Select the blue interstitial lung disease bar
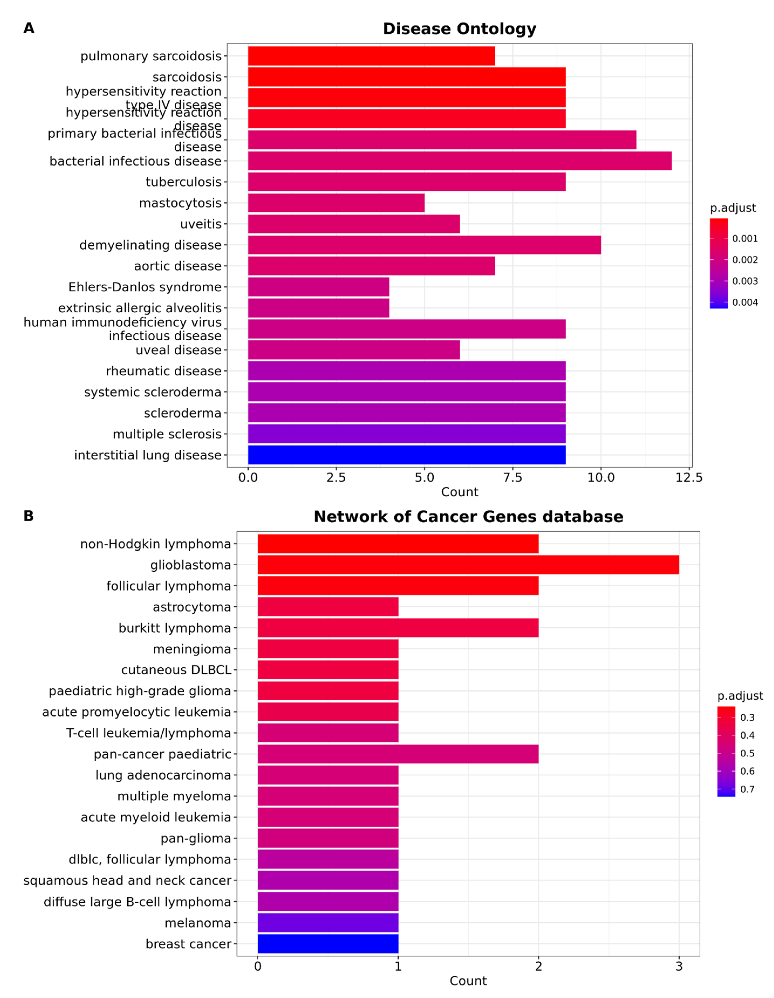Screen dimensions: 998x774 pos(406,455)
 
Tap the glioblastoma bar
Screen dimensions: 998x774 pos(468,565)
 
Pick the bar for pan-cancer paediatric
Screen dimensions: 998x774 pos(398,754)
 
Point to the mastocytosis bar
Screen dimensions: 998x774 pos(336,203)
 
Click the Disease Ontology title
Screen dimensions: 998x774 pos(459,29)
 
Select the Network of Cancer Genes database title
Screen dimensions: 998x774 pos(468,517)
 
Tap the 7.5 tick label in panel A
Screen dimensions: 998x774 pos(512,477)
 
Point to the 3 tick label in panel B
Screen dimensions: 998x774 pos(679,966)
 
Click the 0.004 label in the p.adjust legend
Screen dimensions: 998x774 pos(745,302)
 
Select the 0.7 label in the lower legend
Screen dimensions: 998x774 pos(747,789)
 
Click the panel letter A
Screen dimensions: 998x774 pos(29,28)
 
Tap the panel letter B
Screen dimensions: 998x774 pos(28,516)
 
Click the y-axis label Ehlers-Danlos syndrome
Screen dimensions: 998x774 pos(145,287)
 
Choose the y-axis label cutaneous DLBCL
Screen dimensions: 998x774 pos(176,670)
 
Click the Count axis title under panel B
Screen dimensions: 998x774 pos(468,980)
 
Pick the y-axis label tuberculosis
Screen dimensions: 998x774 pos(184,182)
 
